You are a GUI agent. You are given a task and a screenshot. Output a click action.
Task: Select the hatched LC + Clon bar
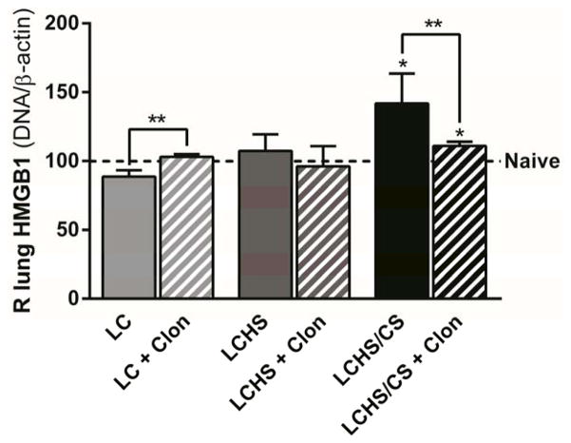click(x=185, y=228)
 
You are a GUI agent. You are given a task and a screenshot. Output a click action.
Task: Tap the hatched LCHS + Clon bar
click(x=322, y=233)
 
